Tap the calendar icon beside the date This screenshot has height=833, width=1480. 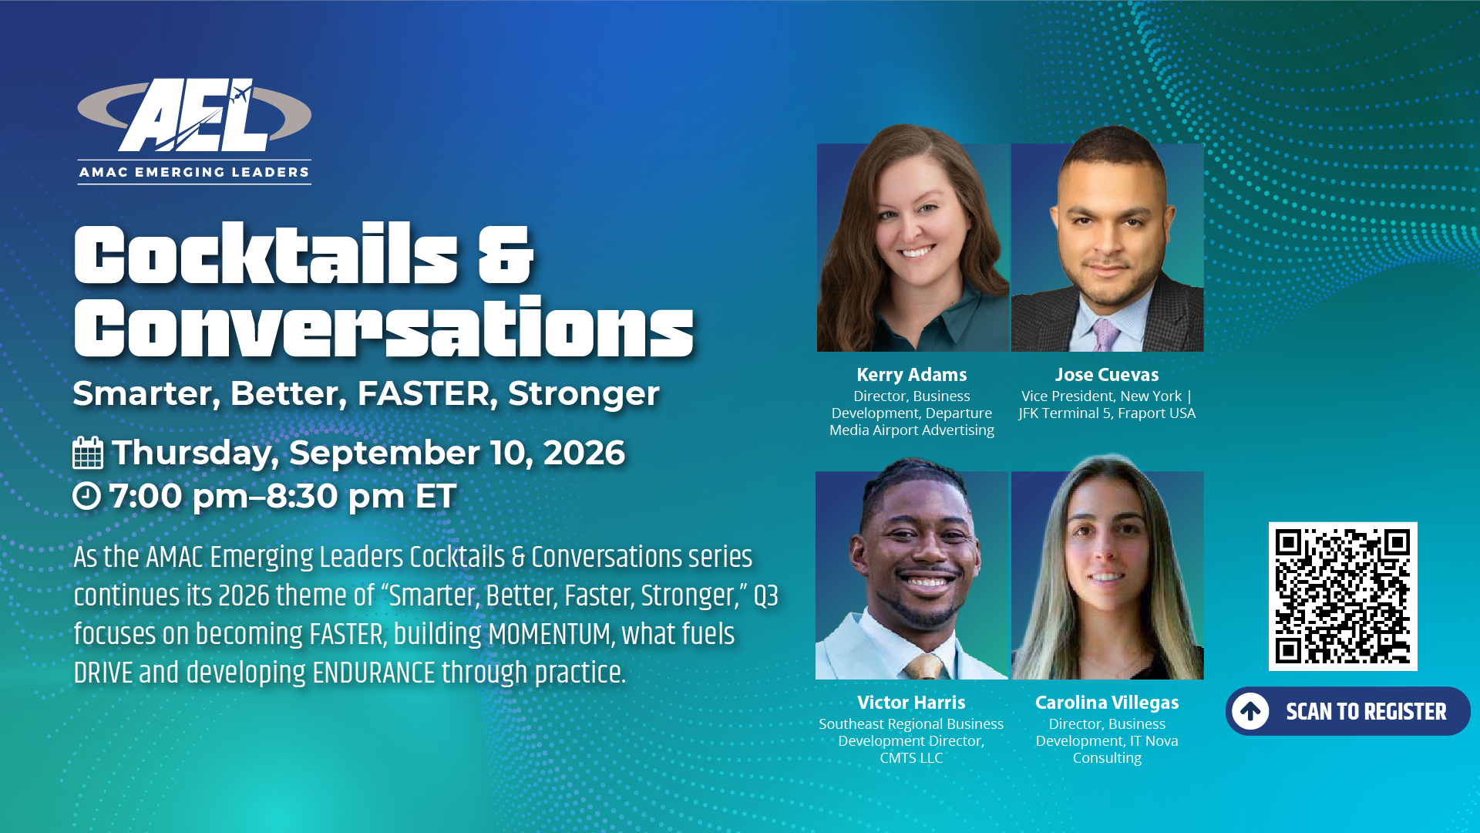(88, 453)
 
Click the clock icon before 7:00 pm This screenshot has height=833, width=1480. (86, 496)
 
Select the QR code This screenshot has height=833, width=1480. (1343, 596)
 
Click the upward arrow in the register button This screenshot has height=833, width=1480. (1250, 711)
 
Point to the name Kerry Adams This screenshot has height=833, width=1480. (911, 375)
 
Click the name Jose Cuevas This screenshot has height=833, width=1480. (1107, 375)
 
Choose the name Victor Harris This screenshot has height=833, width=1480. (911, 703)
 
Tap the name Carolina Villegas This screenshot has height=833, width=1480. (1107, 703)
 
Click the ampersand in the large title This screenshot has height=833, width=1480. (505, 255)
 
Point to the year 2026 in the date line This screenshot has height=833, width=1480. (584, 453)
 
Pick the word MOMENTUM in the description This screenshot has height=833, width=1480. (550, 634)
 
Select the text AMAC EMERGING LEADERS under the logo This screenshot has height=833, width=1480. (194, 172)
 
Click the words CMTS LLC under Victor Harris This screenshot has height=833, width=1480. (911, 758)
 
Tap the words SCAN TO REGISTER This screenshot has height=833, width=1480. (1366, 711)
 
